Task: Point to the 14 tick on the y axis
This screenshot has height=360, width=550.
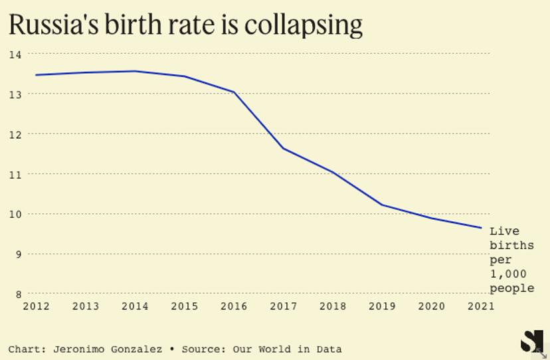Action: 15,54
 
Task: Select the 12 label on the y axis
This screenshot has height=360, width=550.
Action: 15,134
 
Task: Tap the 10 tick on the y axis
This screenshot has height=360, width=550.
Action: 15,214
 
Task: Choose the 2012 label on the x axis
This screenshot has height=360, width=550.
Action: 36,306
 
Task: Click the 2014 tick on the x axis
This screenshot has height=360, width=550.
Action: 135,306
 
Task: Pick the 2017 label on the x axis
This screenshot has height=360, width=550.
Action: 284,306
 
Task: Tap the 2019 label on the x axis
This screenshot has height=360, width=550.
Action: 383,306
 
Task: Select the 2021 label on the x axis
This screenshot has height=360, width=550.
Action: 481,306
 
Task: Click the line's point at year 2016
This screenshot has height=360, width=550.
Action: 234,92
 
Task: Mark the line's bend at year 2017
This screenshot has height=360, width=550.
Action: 284,148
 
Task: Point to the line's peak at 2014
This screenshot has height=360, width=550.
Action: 135,71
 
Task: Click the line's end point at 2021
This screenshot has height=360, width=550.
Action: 481,228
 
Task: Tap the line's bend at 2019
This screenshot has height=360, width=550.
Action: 383,205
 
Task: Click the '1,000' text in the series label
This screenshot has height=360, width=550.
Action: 508,274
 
